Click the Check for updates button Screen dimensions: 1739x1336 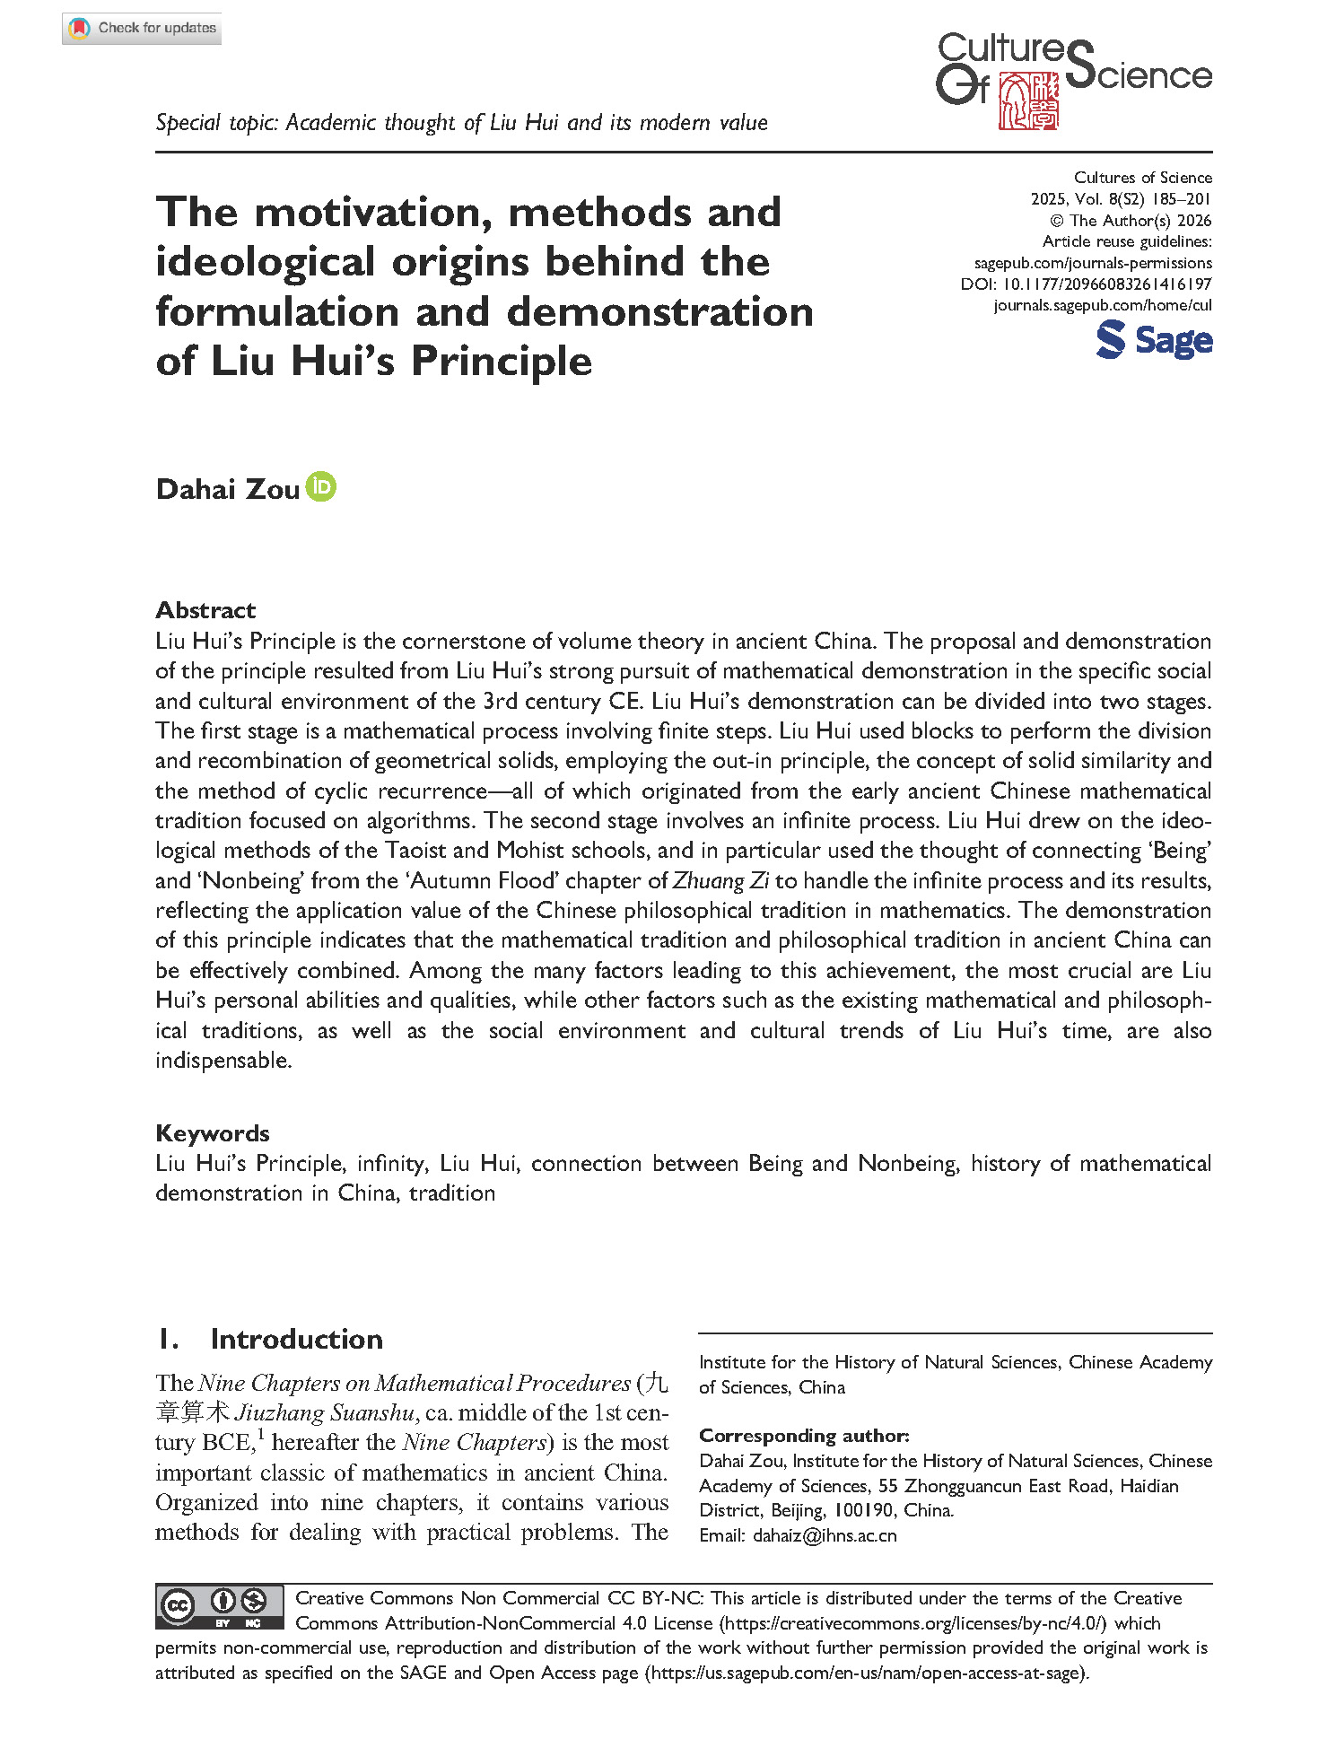click(142, 29)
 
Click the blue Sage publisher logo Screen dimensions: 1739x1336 click(1154, 341)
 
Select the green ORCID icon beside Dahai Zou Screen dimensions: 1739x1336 click(320, 487)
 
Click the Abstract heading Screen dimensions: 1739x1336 click(205, 610)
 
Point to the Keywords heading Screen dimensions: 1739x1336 click(213, 1133)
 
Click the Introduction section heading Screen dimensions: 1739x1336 click(296, 1339)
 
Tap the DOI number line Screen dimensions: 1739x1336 click(1086, 284)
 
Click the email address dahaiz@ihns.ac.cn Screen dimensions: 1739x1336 click(825, 1535)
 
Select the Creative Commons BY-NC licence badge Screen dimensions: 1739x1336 click(220, 1607)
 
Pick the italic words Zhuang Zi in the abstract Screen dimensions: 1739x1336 click(720, 881)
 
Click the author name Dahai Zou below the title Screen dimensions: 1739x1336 click(227, 489)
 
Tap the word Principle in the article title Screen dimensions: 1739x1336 click(502, 362)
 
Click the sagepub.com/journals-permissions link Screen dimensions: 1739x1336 click(1093, 263)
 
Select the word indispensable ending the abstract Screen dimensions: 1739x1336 click(223, 1061)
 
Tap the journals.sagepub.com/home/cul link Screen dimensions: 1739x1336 click(1102, 305)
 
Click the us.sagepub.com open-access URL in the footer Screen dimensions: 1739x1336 click(867, 1673)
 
